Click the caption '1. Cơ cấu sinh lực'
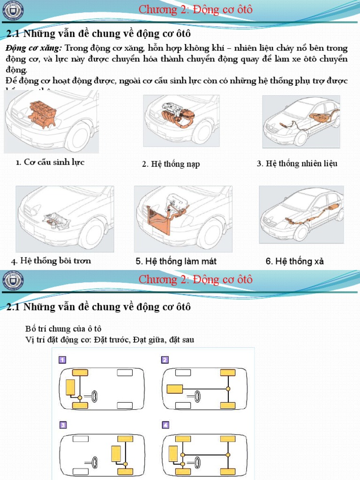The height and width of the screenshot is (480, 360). [x=50, y=163]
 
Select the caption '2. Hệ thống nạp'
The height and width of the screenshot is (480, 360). [x=171, y=164]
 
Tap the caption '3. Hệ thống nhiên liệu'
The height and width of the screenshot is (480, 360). [x=297, y=164]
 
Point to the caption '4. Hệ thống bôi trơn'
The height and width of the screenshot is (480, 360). [x=51, y=261]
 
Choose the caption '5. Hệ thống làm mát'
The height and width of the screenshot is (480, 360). [x=176, y=262]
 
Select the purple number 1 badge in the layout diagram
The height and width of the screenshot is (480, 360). [x=62, y=360]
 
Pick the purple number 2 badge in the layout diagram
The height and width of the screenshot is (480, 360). [x=165, y=360]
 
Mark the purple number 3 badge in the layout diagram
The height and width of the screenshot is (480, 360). [x=62, y=425]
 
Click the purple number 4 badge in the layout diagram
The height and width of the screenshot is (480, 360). [x=165, y=425]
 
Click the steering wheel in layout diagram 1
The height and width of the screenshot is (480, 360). [x=95, y=397]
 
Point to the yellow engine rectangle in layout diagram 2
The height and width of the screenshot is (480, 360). [x=175, y=389]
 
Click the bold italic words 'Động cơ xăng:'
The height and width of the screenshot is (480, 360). [x=34, y=48]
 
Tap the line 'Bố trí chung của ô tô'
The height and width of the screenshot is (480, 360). [x=63, y=328]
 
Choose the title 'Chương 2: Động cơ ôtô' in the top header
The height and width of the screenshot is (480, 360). [x=195, y=9]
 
